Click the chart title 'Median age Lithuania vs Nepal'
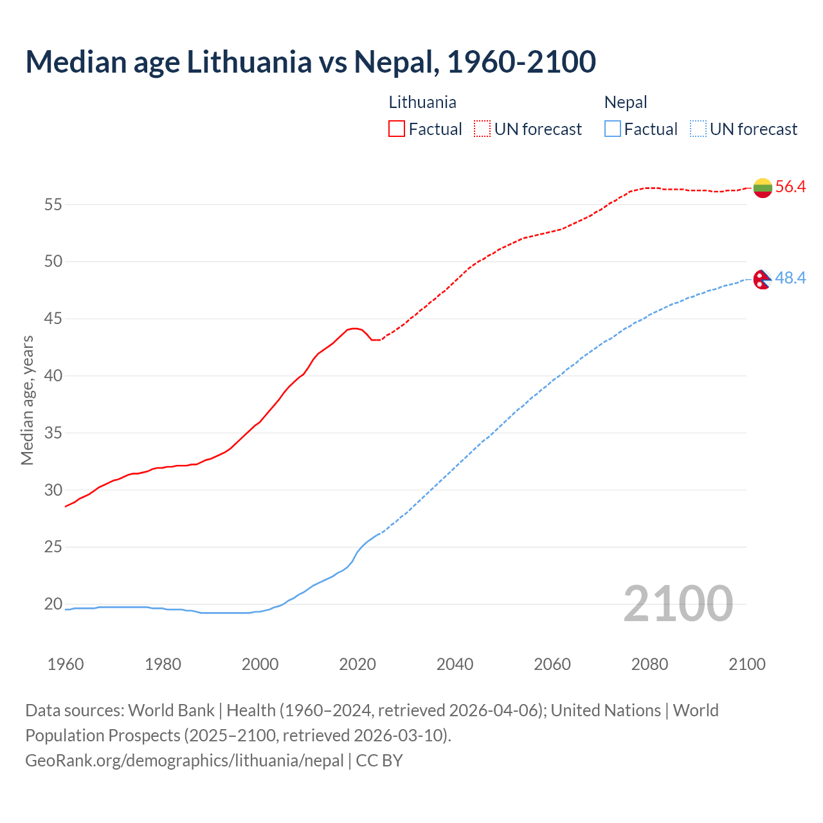pyautogui.click(x=311, y=62)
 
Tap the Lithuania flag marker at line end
pyautogui.click(x=763, y=188)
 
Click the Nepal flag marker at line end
pyautogui.click(x=762, y=279)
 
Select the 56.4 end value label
pyautogui.click(x=790, y=187)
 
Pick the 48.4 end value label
pyautogui.click(x=790, y=278)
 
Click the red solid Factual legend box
pyautogui.click(x=397, y=129)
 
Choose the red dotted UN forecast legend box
pyautogui.click(x=482, y=129)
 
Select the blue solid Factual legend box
pyautogui.click(x=613, y=129)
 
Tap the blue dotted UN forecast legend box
pyautogui.click(x=698, y=129)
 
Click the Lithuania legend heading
pyautogui.click(x=422, y=102)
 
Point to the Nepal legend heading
pyautogui.click(x=626, y=102)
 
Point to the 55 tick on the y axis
pyautogui.click(x=53, y=204)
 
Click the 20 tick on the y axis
pyautogui.click(x=53, y=604)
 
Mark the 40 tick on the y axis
pyautogui.click(x=53, y=375)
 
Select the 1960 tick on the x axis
pyautogui.click(x=66, y=664)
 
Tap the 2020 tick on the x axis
pyautogui.click(x=357, y=664)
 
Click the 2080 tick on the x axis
pyautogui.click(x=649, y=664)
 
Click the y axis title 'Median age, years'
pyautogui.click(x=27, y=400)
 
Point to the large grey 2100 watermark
pyautogui.click(x=678, y=604)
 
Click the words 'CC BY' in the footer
pyautogui.click(x=379, y=761)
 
